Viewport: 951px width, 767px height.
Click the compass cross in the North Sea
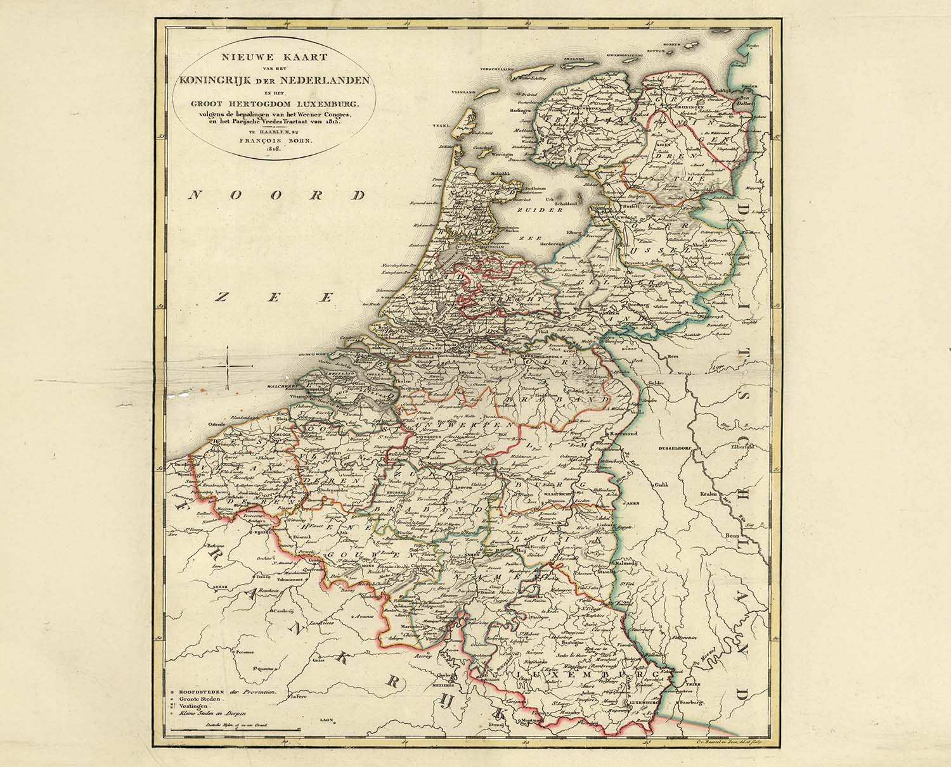coord(227,367)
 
